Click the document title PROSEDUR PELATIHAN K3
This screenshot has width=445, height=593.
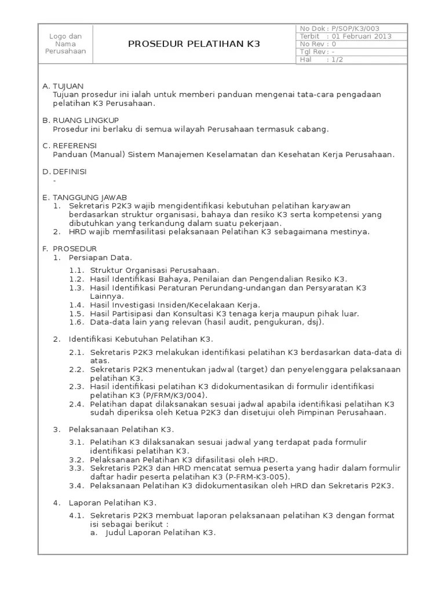click(x=194, y=43)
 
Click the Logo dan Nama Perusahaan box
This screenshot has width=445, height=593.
click(x=65, y=43)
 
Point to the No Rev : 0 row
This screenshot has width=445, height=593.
click(x=318, y=43)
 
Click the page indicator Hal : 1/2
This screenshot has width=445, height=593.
click(x=321, y=60)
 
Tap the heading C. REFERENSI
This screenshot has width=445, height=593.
click(x=70, y=145)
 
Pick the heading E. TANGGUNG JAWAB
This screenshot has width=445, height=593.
click(x=85, y=197)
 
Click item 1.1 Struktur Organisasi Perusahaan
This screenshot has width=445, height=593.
click(x=154, y=270)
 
